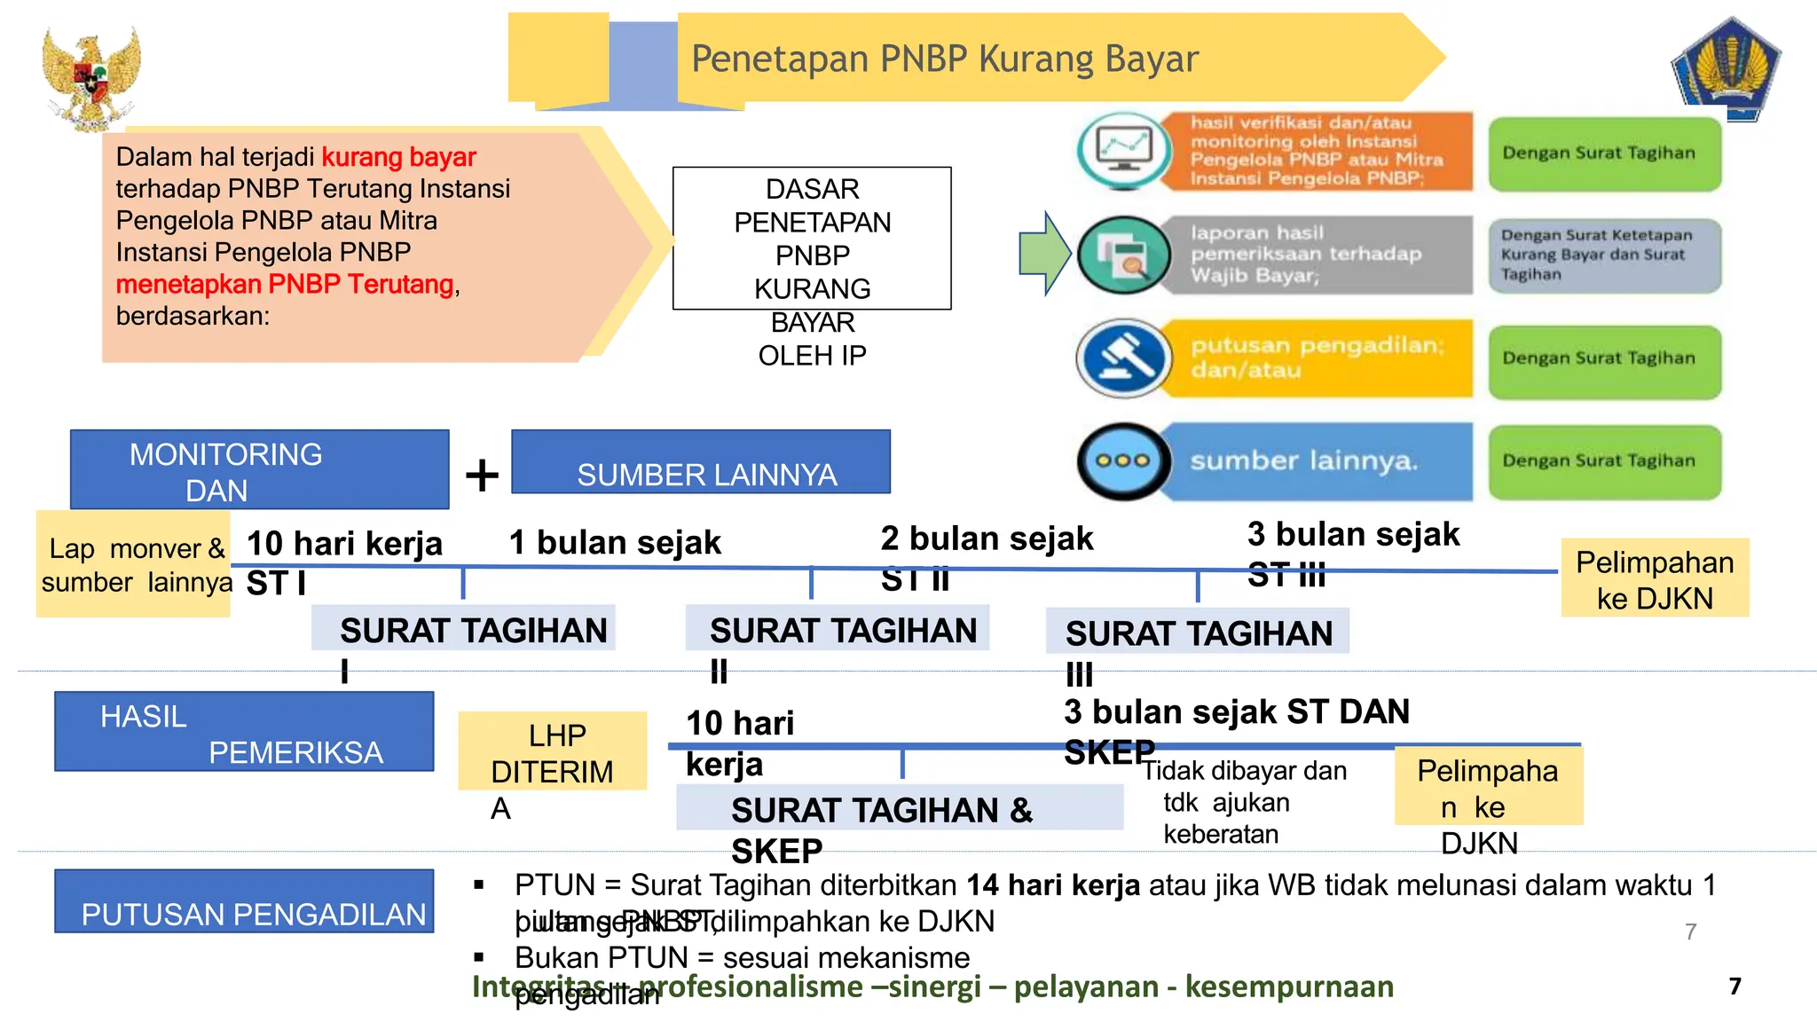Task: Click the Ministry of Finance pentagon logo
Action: pos(1726,69)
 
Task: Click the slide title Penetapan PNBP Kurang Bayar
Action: pos(944,59)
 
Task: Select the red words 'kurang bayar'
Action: pos(398,157)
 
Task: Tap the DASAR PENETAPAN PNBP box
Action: pos(812,238)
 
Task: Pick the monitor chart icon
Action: pos(1123,150)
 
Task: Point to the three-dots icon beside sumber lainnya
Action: pos(1123,461)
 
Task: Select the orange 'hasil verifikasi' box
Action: pos(1318,151)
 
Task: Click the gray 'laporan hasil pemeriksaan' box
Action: pos(1318,255)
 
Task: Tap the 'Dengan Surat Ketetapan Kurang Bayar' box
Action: pos(1604,255)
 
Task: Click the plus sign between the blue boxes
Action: pos(482,475)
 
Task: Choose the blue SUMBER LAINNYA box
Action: pos(701,462)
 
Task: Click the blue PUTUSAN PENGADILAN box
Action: pos(244,901)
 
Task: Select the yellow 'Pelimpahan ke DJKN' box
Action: pos(1655,578)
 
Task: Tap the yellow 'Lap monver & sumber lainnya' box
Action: pos(133,564)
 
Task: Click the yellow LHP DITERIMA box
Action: pos(552,751)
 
